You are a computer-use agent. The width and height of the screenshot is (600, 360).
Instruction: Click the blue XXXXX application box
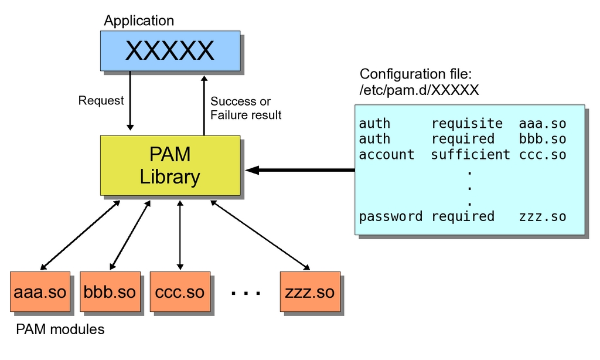point(170,51)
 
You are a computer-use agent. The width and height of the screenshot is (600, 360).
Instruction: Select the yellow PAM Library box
point(170,165)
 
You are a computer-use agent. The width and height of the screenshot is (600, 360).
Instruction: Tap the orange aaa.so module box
point(40,291)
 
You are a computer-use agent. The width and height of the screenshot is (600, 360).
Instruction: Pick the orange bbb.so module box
point(110,291)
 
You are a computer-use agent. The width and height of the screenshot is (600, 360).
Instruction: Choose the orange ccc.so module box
point(180,291)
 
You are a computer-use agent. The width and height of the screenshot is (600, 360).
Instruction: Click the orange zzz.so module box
point(310,291)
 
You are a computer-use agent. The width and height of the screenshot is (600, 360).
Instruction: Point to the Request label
point(101,101)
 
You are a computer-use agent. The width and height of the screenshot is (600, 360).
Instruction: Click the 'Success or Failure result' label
point(246,108)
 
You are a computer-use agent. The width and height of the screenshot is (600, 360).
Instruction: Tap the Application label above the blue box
point(139,21)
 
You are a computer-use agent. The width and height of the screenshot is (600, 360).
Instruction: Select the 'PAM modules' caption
point(60,330)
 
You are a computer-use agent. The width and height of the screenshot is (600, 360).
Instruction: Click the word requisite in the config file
point(467,124)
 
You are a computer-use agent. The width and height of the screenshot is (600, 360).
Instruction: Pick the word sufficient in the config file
point(471,155)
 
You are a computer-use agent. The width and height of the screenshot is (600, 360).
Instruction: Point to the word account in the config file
point(386,155)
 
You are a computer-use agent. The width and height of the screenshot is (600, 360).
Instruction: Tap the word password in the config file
point(390,216)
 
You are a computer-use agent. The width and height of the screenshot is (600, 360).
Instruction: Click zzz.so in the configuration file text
point(543,216)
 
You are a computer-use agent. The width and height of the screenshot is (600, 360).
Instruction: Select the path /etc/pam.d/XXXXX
point(420,90)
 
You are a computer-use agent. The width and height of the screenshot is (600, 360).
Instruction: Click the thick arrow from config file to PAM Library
point(302,170)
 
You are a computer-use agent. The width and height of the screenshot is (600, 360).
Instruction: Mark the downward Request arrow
point(130,100)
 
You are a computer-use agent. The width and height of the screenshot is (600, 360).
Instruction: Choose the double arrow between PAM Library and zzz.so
point(260,233)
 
